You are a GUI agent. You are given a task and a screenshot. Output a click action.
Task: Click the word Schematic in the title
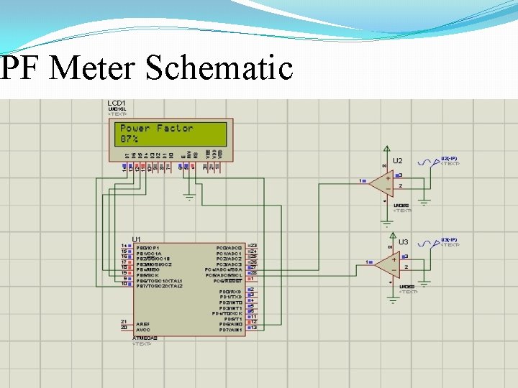tap(219, 69)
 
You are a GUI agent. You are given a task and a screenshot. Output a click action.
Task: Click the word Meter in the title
tap(94, 69)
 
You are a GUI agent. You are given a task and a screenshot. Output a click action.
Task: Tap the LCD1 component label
tap(117, 103)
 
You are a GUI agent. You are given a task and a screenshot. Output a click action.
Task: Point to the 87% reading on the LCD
tap(129, 139)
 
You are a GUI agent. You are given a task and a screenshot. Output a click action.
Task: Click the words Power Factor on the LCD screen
tap(156, 128)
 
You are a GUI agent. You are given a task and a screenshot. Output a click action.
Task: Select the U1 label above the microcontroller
tap(136, 239)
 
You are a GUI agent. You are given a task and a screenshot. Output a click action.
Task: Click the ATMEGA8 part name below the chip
tap(145, 337)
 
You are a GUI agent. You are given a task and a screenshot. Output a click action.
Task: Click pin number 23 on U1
tap(253, 246)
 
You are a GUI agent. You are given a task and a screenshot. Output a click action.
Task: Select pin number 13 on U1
tap(253, 328)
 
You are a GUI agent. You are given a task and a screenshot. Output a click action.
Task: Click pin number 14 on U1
tap(124, 246)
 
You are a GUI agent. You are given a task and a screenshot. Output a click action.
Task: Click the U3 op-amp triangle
tap(386, 265)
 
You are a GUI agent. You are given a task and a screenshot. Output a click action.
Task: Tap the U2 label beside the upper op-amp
tap(397, 161)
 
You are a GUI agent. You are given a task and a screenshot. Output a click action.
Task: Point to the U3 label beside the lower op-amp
tap(404, 242)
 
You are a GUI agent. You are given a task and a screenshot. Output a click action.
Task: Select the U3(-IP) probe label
tap(449, 239)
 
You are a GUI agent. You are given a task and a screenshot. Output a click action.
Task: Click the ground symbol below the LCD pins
tap(190, 195)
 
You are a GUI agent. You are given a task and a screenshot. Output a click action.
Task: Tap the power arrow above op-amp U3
tap(391, 234)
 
